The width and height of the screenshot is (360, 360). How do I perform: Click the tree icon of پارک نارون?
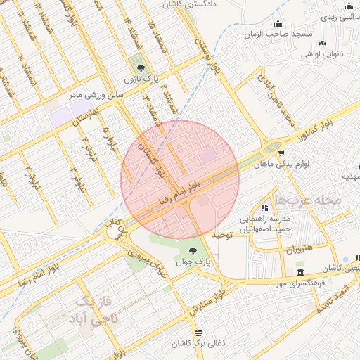pos(143,68)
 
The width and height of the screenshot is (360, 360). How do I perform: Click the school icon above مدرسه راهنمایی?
pos(264,207)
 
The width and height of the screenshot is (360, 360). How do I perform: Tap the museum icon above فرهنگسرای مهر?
pos(301,272)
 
